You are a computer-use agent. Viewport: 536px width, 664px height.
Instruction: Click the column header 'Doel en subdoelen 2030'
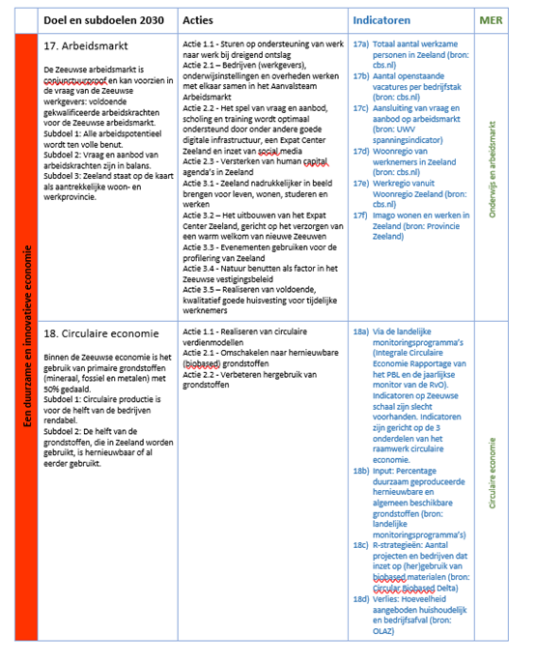tap(103, 19)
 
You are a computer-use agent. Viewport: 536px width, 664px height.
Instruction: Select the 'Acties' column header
tap(199, 19)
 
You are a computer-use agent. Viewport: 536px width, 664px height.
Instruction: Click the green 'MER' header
tap(491, 19)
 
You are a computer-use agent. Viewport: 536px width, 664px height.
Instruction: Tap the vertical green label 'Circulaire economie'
tap(493, 474)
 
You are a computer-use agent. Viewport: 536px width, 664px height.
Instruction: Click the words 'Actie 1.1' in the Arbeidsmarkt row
tap(199, 44)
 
